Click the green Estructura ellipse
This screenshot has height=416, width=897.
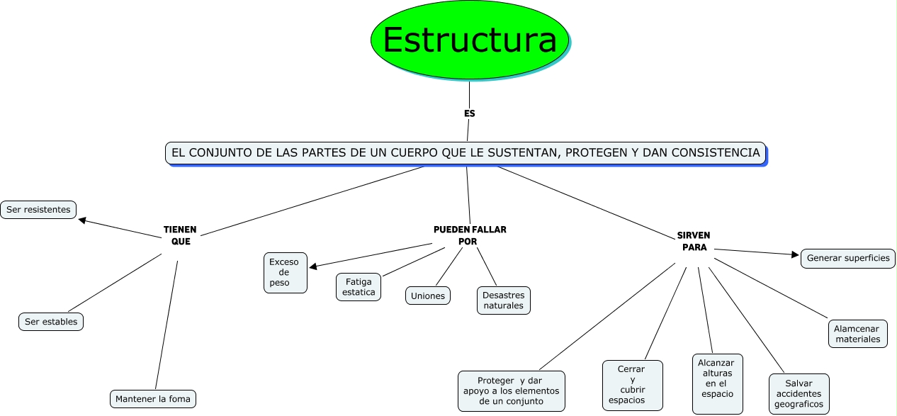tap(469, 40)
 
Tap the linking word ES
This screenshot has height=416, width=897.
tap(469, 113)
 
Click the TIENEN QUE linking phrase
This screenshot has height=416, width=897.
tap(180, 235)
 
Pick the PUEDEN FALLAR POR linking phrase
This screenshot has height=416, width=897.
tap(469, 235)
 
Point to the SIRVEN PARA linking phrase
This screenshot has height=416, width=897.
tap(694, 241)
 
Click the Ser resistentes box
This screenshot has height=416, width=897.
tap(38, 210)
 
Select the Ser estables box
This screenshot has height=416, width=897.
tap(51, 322)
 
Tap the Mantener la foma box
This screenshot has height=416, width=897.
tap(153, 398)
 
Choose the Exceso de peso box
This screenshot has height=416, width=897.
tap(285, 273)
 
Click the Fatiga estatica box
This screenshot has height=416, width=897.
tap(359, 287)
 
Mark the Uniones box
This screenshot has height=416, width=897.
tap(428, 296)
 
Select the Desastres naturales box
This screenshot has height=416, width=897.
tap(503, 300)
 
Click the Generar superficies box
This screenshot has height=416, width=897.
tap(848, 258)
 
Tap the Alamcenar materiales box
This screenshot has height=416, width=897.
tap(857, 334)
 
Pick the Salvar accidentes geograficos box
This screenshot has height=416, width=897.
tap(799, 394)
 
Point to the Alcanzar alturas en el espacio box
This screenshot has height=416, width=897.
tap(717, 383)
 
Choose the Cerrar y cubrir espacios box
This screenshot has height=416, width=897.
tap(632, 385)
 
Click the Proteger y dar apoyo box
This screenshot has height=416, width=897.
tap(511, 390)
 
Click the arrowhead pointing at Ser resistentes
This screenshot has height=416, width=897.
tap(82, 221)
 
